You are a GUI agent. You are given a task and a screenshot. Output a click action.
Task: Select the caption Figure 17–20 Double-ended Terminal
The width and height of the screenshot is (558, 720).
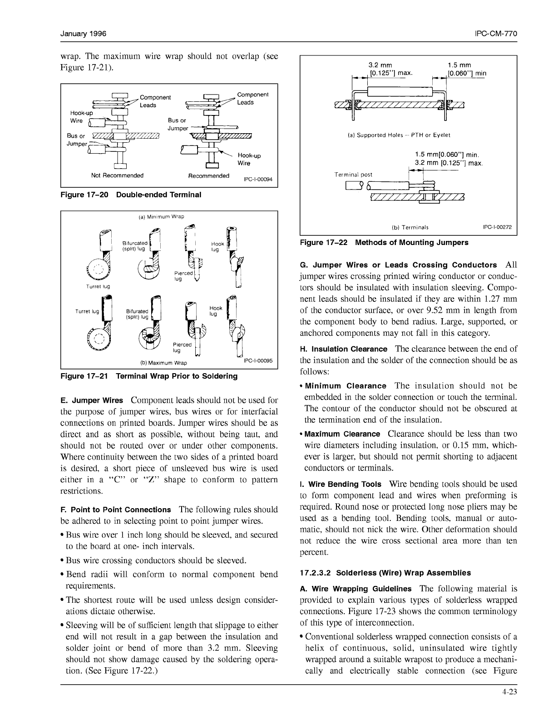pyautogui.click(x=131, y=195)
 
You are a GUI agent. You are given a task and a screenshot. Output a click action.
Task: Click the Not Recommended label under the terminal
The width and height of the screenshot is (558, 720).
pyautogui.click(x=117, y=175)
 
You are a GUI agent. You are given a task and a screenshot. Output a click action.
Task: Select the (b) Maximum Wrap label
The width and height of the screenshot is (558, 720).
pyautogui.click(x=163, y=363)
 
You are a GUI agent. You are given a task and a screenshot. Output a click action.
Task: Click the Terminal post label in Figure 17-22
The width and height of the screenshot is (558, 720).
pyautogui.click(x=353, y=175)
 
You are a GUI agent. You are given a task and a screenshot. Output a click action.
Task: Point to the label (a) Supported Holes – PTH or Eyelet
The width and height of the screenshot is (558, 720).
pyautogui.click(x=399, y=135)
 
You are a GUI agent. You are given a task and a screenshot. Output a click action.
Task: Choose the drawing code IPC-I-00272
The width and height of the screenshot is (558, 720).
pyautogui.click(x=497, y=227)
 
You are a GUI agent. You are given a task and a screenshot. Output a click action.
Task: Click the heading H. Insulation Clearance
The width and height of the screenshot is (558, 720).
pyautogui.click(x=344, y=349)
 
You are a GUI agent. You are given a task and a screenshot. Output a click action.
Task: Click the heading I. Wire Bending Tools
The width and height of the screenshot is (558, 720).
pyautogui.click(x=341, y=484)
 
